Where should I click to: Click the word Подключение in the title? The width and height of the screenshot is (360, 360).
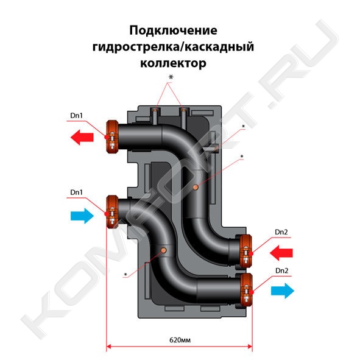click(x=174, y=30)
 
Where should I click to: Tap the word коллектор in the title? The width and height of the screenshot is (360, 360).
click(x=174, y=63)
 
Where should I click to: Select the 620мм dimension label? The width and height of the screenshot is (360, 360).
click(x=180, y=339)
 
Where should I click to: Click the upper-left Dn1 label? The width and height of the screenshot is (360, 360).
click(x=77, y=115)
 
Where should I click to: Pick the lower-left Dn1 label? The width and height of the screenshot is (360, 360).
click(x=77, y=192)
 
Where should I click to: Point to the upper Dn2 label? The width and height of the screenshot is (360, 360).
click(x=281, y=232)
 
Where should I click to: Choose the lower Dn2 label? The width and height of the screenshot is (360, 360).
click(x=281, y=270)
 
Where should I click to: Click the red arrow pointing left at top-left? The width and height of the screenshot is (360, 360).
click(x=82, y=137)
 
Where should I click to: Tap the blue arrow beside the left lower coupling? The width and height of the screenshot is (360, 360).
click(x=82, y=216)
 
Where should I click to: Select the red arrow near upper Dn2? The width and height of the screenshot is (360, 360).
click(x=281, y=253)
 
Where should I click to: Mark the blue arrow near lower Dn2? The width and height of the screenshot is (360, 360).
click(x=283, y=291)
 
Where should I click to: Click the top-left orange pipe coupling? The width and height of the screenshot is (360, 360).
click(x=112, y=136)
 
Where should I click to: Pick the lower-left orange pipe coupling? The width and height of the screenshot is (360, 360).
click(x=112, y=212)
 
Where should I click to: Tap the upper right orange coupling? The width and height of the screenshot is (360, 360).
click(x=245, y=251)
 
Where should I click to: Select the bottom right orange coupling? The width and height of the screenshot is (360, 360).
click(x=246, y=289)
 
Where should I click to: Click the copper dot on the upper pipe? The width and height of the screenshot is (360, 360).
click(x=196, y=188)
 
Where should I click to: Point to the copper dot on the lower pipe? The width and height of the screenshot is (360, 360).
click(x=164, y=250)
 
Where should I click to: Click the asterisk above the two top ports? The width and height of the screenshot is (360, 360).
click(x=171, y=77)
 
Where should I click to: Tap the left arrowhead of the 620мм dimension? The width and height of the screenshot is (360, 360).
click(x=109, y=347)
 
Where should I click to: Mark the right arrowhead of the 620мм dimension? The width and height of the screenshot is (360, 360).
click(x=250, y=347)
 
